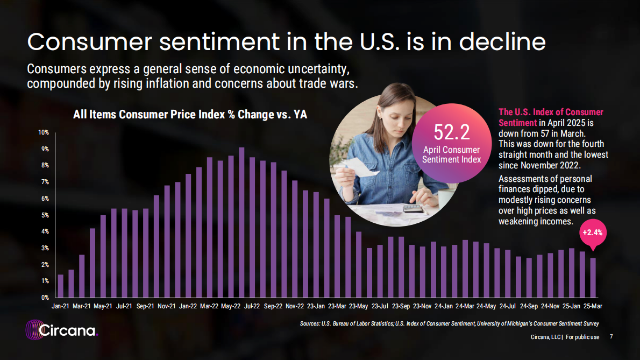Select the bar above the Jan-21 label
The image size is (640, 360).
pos(60,286)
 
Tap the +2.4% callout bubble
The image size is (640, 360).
pos(593,233)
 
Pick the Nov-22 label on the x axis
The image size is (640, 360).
pos(294,306)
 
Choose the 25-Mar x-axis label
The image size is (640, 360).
pos(593,306)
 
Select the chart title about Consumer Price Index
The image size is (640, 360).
pos(190,114)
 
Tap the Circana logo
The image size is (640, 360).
pos(62,329)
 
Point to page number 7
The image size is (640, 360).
pos(611,337)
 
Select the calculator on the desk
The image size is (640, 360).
pos(414,208)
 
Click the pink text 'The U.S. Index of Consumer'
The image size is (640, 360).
pos(551,112)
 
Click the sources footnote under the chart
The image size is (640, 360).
pos(449,323)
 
